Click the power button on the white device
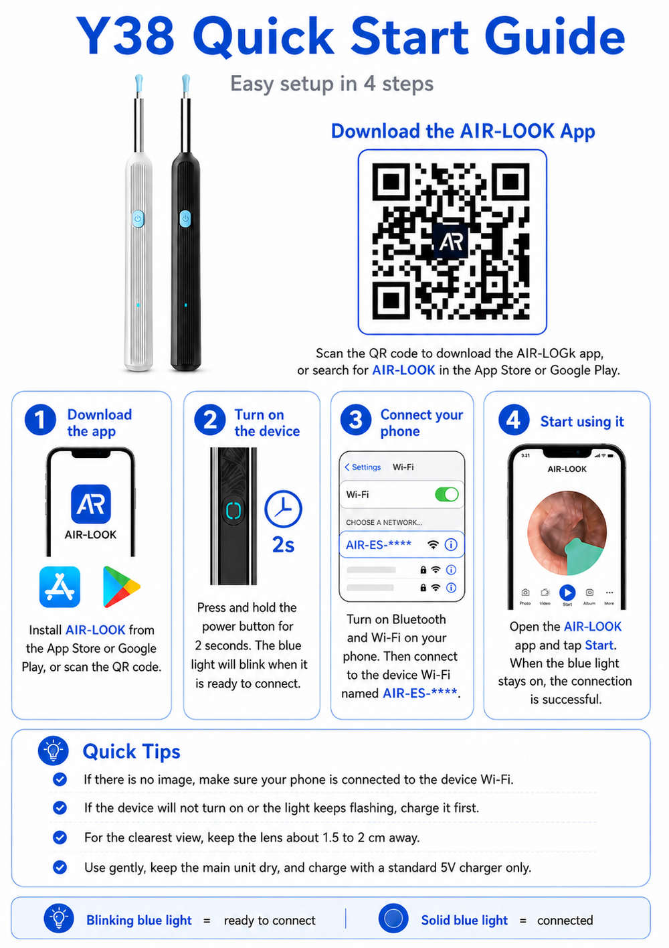138,219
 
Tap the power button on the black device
185,219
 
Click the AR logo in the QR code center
451,241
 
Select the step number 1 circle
40,420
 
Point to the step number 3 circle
356,420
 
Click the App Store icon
60,586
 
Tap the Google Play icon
121,586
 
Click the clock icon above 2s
284,509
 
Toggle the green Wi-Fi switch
447,494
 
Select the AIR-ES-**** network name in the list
379,545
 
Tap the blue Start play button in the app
567,592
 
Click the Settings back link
363,467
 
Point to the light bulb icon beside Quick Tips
54,751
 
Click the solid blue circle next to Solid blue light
393,919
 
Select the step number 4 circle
514,420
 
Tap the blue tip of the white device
138,84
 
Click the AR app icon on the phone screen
91,504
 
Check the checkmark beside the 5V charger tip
60,867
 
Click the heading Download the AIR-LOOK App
463,132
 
